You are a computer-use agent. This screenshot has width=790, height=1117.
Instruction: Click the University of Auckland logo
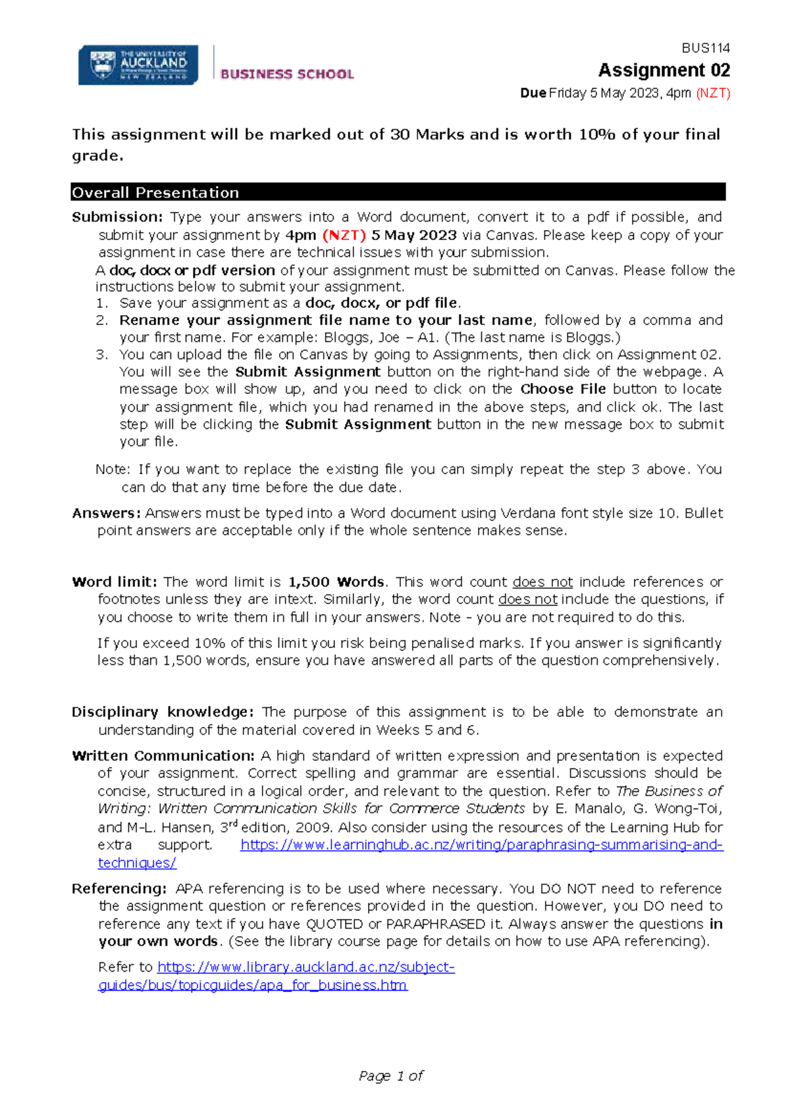[138, 64]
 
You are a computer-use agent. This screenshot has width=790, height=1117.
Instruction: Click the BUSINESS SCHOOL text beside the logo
[287, 74]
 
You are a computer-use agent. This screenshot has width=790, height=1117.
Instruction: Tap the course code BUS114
[706, 48]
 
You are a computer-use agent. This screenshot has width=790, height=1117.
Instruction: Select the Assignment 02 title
[664, 70]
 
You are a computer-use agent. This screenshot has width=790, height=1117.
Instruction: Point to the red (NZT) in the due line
[713, 93]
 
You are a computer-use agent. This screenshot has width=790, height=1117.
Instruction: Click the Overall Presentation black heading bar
[398, 192]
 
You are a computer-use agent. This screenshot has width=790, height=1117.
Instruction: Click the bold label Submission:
[117, 217]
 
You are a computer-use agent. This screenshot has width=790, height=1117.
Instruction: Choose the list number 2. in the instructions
[101, 320]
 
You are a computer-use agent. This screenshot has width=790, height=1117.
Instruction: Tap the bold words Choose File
[563, 389]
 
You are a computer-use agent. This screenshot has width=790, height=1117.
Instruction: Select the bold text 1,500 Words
[336, 582]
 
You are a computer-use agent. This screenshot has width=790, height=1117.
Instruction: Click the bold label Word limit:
[114, 582]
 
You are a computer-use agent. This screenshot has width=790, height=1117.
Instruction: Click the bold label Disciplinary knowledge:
[162, 712]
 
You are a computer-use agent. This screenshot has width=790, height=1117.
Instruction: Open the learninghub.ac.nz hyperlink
[481, 845]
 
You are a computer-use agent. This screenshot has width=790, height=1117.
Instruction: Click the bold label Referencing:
[119, 889]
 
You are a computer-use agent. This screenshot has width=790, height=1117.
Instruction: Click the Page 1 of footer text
[391, 1076]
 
